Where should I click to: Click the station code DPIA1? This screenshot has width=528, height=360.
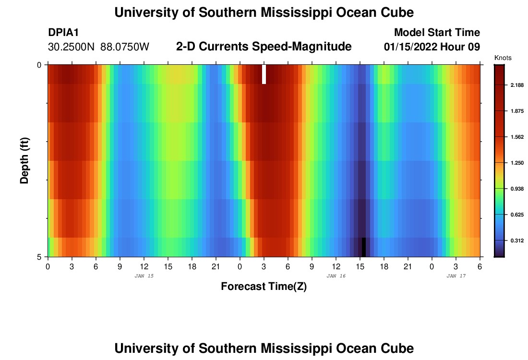[x=63, y=33]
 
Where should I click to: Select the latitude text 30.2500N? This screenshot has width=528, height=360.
[x=72, y=47]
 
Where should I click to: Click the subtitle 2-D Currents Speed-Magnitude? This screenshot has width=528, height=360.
[x=264, y=47]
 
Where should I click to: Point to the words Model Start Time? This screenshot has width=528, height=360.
[x=437, y=33]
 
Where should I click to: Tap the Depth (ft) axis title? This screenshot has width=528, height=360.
[x=24, y=161]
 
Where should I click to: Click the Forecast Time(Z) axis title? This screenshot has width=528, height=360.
[x=264, y=287]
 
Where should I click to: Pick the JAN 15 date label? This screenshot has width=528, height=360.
[x=144, y=276]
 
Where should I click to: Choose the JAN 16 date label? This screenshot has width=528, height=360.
[x=336, y=276]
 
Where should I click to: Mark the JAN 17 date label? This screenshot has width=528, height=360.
[x=456, y=276]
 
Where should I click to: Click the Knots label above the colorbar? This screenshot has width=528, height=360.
[x=503, y=58]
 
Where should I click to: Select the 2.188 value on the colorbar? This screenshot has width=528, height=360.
[x=517, y=85]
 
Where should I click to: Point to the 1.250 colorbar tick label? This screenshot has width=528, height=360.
[x=517, y=163]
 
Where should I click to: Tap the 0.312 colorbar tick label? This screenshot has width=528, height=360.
[x=517, y=240]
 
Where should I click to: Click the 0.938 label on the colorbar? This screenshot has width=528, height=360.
[x=517, y=189]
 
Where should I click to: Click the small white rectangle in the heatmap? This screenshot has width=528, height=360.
[x=264, y=74]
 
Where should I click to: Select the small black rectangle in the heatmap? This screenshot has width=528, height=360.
[x=364, y=247]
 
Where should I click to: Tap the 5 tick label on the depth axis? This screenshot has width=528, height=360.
[x=39, y=257]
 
